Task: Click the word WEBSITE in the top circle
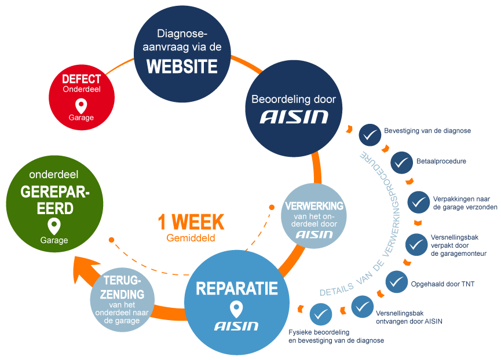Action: coord(181,66)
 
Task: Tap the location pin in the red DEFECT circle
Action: coord(82,105)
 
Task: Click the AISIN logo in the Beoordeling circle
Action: coord(294,117)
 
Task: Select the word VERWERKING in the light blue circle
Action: coord(315,206)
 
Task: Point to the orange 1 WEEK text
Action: coord(191,222)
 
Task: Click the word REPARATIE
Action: coord(236,288)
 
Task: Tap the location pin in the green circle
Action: coord(54,226)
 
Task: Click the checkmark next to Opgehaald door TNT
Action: coord(396,282)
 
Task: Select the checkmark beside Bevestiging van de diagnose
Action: coord(370,135)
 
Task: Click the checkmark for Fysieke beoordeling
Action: coord(320,314)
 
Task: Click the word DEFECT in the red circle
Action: coord(82,79)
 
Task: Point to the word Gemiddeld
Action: coord(191,238)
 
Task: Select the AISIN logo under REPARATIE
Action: coord(236,325)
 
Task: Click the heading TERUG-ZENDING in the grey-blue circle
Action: coord(122,288)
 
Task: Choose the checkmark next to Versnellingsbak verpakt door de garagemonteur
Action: coord(416,244)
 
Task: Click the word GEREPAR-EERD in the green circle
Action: coord(54,199)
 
